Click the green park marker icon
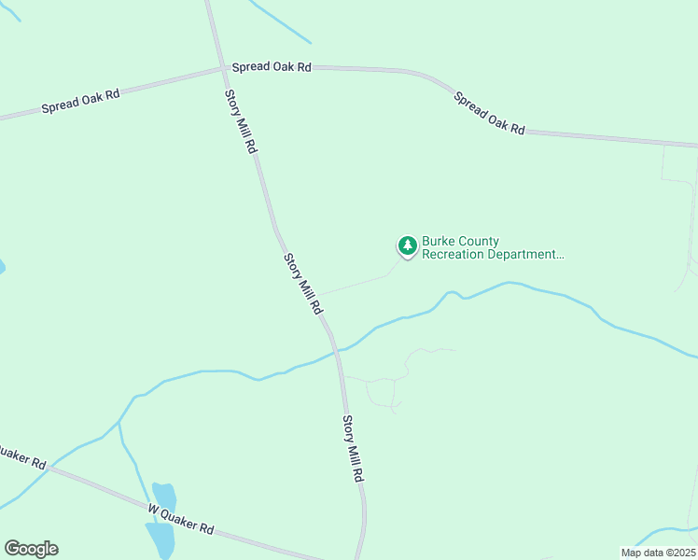tap(407, 246)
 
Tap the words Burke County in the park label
tap(460, 241)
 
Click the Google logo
tap(31, 549)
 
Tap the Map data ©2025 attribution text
tap(658, 553)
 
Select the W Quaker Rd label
tap(181, 518)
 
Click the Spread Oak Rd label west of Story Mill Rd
tap(81, 101)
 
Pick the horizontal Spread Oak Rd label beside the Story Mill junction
tap(271, 67)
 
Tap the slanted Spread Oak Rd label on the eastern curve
tap(489, 113)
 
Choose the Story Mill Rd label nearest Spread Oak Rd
tap(240, 121)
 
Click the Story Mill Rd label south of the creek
tap(352, 448)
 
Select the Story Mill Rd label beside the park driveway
tap(303, 283)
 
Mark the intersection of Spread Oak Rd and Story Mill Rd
tap(222, 68)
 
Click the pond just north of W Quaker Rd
tap(164, 497)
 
